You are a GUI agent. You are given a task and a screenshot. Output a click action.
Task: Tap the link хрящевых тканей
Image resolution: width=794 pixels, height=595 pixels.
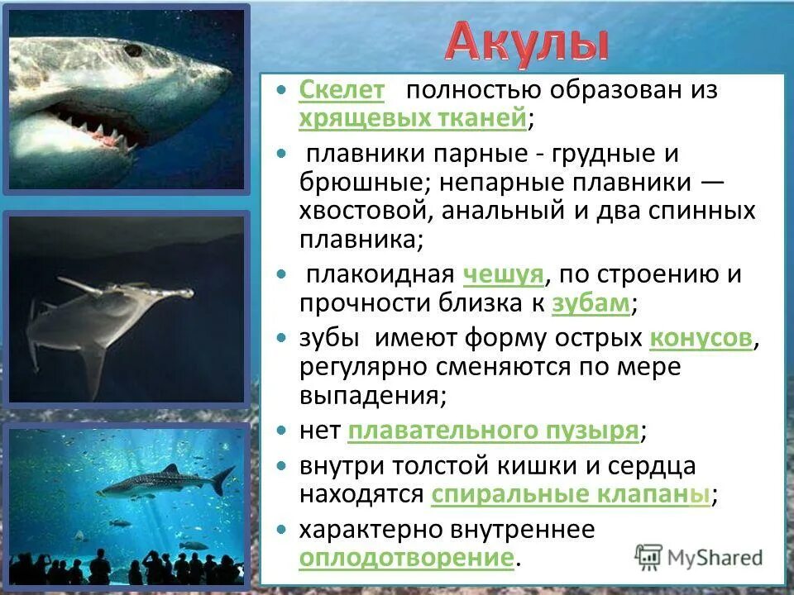coord(412,118)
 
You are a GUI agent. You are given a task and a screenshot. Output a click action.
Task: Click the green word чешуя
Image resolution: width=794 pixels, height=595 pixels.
coord(502,274)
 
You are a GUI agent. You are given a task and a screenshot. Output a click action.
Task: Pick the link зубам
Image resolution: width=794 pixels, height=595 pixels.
coord(591,303)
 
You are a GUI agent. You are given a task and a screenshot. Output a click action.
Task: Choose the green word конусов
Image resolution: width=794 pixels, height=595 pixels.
coord(701,338)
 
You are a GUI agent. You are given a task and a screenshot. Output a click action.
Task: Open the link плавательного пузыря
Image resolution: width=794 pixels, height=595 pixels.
coord(494,430)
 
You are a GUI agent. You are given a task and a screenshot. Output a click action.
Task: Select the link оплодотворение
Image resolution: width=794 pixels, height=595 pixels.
coord(406,557)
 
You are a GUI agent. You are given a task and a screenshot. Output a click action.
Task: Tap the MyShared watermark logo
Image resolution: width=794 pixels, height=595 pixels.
coord(699,556)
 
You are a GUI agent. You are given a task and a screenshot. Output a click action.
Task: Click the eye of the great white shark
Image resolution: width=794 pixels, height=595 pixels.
coord(132,50)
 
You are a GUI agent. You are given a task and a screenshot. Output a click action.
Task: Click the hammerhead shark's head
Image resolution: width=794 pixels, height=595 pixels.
coord(124,290)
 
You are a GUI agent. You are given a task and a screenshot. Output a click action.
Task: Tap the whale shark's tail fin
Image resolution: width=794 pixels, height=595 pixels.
coord(223,478)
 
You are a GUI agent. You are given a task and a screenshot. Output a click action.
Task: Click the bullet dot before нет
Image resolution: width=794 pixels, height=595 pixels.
coord(282,431)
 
